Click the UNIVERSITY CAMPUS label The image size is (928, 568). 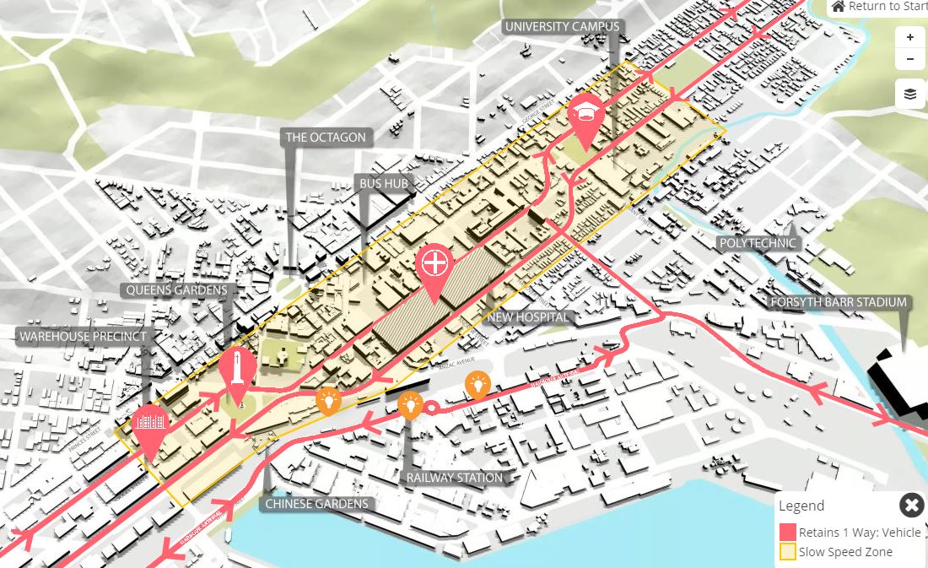[562, 27]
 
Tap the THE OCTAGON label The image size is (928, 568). [326, 138]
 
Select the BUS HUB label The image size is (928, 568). [384, 184]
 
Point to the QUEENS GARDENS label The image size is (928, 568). [176, 290]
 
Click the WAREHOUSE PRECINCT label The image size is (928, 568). [83, 337]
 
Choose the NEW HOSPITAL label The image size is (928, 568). [529, 317]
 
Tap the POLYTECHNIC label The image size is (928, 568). [758, 243]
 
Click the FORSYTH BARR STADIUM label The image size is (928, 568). [838, 302]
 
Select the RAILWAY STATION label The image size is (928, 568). [455, 478]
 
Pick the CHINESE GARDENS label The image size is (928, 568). [317, 504]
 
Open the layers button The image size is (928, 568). [909, 94]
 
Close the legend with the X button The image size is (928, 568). [911, 506]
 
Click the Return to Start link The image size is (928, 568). [878, 7]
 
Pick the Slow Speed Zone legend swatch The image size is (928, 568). [787, 553]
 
